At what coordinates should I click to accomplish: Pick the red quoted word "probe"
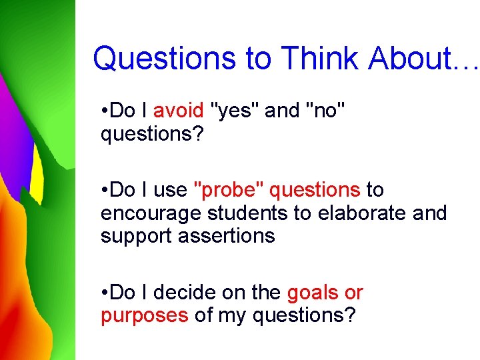coord(228,190)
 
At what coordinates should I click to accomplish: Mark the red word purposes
coord(145,315)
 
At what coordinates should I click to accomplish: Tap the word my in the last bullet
coord(235,316)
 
